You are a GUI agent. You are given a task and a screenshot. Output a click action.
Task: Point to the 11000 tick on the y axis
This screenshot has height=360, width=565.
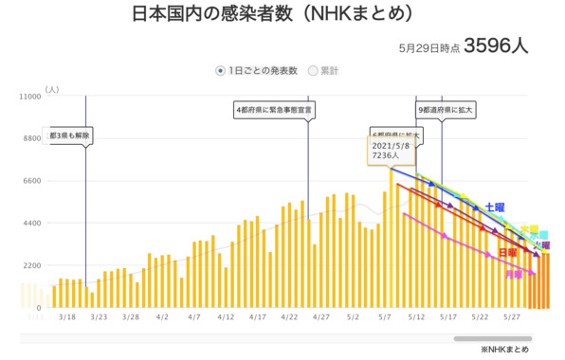[29, 97]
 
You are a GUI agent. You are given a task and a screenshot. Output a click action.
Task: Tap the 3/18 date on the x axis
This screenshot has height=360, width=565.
[67, 319]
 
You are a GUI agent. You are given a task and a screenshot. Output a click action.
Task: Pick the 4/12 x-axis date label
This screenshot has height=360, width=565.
[226, 319]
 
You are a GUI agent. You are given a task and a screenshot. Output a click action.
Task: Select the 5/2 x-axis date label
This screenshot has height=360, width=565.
[353, 319]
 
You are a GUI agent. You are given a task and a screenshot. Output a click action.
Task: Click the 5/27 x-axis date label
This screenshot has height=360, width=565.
[512, 319]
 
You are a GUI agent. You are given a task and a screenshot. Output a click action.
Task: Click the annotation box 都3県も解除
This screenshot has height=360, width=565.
[68, 135]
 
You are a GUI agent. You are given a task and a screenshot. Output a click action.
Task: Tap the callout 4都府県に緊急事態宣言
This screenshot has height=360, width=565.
[275, 110]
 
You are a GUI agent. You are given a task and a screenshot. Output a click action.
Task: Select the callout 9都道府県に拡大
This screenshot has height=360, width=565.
[445, 110]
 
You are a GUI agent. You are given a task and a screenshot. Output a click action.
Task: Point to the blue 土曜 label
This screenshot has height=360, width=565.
[495, 206]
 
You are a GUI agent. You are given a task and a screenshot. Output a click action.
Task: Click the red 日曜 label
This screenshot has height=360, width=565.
[508, 253]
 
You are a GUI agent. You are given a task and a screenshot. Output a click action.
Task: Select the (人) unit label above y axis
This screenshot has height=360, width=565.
[50, 89]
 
